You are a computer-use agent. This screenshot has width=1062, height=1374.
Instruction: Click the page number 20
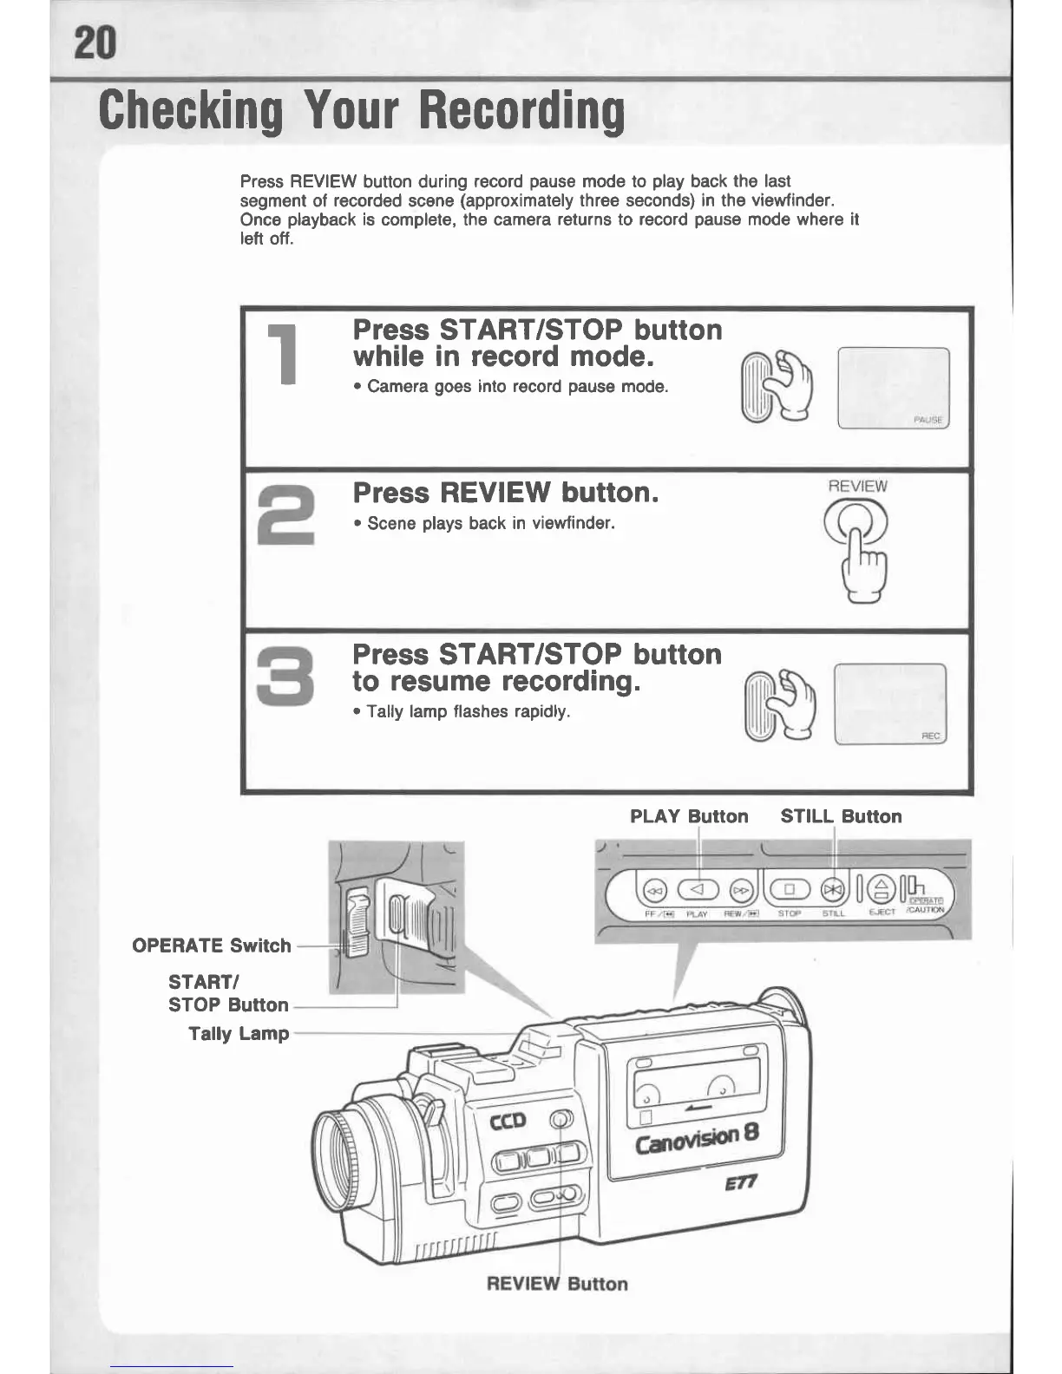click(x=96, y=41)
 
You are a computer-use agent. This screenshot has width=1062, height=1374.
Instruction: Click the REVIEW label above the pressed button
click(x=857, y=486)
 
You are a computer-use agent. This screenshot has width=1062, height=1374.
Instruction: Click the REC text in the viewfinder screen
click(x=930, y=736)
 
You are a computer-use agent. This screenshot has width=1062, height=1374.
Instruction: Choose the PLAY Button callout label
click(x=689, y=816)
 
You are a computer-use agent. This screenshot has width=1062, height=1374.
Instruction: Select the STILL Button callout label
click(x=841, y=816)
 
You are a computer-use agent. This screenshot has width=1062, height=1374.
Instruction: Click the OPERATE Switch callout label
click(x=211, y=945)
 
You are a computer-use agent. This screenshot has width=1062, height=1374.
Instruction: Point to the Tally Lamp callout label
click(x=239, y=1033)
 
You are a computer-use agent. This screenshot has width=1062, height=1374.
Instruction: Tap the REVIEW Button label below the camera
click(x=557, y=1284)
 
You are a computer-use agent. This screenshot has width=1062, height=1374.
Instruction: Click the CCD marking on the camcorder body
click(x=508, y=1122)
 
